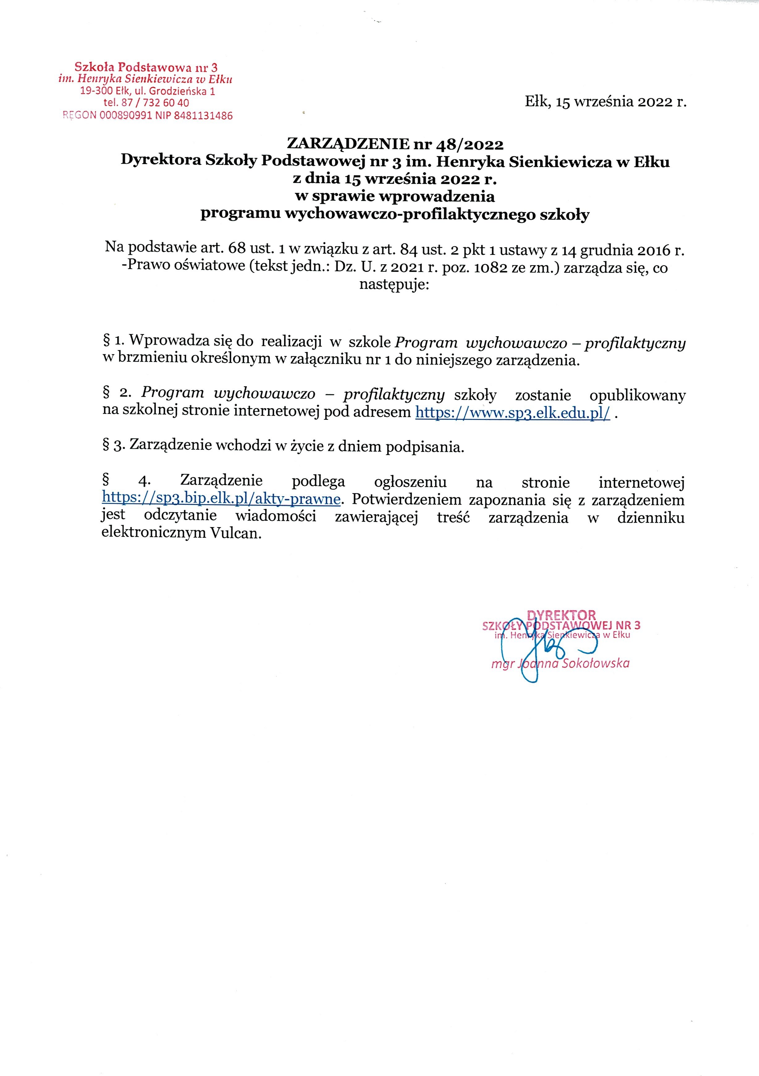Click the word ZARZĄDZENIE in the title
[347, 143]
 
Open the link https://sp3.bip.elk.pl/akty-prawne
[221, 499]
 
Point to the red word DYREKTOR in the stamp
[561, 615]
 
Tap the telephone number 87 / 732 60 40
[155, 103]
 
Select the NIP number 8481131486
[203, 115]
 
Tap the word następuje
[394, 284]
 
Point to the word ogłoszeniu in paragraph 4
[410, 482]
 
